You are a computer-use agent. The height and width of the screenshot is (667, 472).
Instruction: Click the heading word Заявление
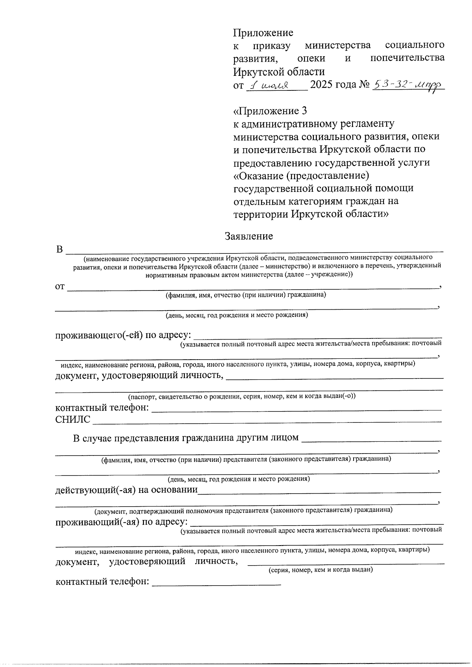click(249, 236)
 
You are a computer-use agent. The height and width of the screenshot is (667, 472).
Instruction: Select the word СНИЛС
click(73, 420)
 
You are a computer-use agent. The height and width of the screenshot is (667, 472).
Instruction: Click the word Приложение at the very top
click(263, 33)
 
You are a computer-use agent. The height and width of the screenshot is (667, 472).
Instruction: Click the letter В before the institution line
click(59, 250)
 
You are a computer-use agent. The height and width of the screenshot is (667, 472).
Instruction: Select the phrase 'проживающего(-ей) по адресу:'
click(123, 335)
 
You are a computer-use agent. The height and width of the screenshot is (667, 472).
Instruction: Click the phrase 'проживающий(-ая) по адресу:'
click(121, 522)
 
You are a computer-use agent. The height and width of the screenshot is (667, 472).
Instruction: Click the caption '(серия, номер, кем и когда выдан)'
click(320, 570)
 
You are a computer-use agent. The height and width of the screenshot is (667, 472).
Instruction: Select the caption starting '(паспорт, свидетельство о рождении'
click(242, 396)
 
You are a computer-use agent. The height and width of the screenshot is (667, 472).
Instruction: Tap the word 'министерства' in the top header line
click(338, 46)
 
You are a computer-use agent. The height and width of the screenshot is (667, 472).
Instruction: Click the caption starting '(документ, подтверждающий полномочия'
click(243, 510)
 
